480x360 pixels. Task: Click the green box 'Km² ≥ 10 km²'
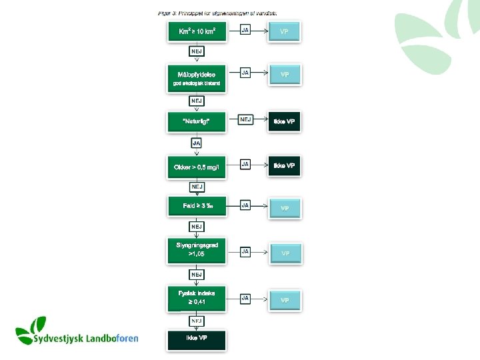tap(197, 32)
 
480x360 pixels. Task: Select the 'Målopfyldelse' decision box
tap(197, 78)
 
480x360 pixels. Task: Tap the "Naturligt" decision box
tap(197, 121)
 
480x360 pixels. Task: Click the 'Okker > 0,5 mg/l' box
tap(197, 166)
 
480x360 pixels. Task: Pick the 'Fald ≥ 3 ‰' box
tap(197, 206)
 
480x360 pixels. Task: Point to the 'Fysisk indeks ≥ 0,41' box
tap(197, 296)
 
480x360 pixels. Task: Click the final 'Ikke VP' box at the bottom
tap(197, 339)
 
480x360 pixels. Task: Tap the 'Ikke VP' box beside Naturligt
tap(284, 121)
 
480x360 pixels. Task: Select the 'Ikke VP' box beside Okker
tap(284, 165)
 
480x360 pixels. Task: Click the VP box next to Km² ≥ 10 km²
tap(284, 32)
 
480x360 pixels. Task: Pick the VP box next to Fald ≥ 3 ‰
tap(285, 208)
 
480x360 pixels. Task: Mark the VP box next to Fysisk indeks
tap(285, 300)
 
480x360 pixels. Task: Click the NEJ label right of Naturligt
tap(246, 119)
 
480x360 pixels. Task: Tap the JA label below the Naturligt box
tap(197, 143)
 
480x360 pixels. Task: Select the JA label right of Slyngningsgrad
tap(245, 251)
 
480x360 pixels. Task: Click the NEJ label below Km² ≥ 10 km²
tap(197, 51)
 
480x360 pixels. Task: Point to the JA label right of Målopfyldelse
tap(245, 72)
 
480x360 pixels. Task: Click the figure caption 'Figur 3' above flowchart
tap(218, 13)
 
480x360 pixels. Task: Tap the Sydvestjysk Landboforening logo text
tap(85, 338)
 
